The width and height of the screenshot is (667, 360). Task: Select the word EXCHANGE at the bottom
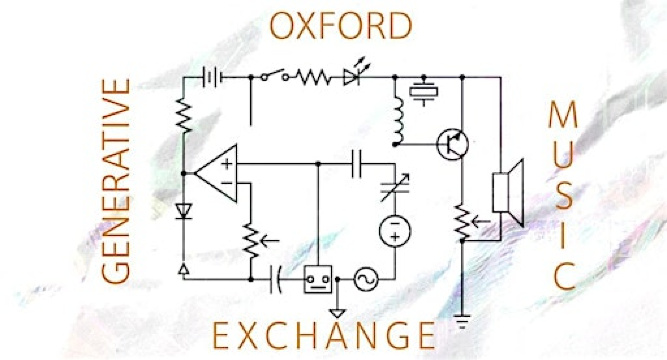pyautogui.click(x=325, y=334)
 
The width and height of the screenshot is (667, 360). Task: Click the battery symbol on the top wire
pyautogui.click(x=210, y=77)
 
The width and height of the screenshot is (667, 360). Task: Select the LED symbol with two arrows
pyautogui.click(x=353, y=76)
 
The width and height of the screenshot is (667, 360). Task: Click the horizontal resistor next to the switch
pyautogui.click(x=312, y=77)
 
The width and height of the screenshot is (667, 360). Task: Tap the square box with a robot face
pyautogui.click(x=319, y=281)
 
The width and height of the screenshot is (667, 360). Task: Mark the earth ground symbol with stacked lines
pyautogui.click(x=462, y=322)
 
